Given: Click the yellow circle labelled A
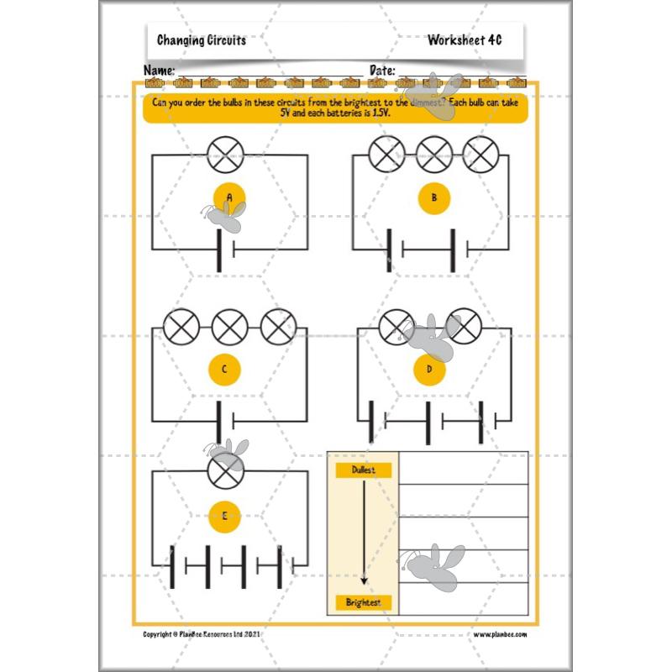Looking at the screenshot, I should [x=228, y=197].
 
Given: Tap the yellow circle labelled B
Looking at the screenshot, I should [x=433, y=198].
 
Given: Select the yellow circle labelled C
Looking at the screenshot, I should [x=224, y=369].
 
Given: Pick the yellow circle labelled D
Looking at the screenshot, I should [x=430, y=367].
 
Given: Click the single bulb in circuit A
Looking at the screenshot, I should [x=226, y=155].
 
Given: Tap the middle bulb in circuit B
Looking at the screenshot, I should [x=434, y=155].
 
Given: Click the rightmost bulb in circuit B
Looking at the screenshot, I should [x=480, y=155].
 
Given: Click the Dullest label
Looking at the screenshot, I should [x=363, y=470].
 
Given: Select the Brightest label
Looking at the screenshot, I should [x=363, y=602].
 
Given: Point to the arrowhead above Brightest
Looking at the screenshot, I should [x=363, y=580].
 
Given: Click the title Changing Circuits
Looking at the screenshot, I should [x=202, y=40].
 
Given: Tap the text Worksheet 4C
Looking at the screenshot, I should [x=464, y=40].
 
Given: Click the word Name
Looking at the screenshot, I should [x=160, y=70].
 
